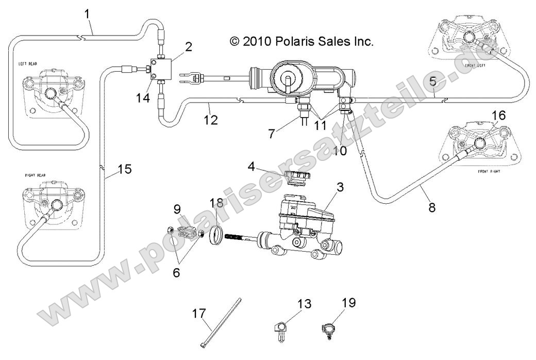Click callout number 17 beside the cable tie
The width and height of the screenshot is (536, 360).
tap(199, 314)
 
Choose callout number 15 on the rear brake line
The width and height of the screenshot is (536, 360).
tap(124, 169)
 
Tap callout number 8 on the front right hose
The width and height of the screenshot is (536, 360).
tap(432, 208)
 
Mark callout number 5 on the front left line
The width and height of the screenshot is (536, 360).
tap(432, 81)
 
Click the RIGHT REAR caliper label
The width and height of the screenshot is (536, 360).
tap(36, 175)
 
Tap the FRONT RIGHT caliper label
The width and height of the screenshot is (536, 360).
tap(490, 170)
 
